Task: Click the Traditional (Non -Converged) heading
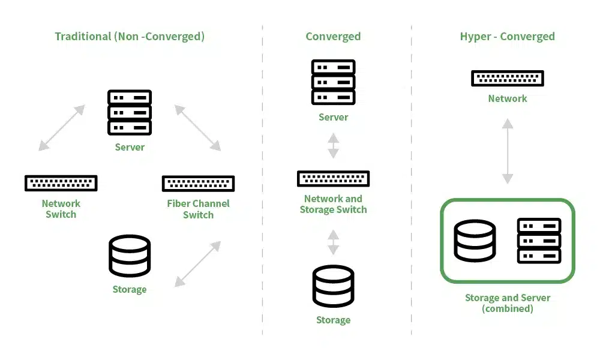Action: point(130,37)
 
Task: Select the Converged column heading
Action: point(333,37)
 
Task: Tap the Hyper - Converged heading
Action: point(507,37)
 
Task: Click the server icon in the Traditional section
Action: point(130,112)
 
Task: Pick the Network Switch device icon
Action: point(61,183)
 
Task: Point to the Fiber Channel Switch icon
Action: point(198,184)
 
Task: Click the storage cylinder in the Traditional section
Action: point(130,256)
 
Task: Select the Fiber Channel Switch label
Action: point(198,209)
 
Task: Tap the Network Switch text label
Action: point(61,209)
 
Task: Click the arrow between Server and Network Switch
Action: point(62,127)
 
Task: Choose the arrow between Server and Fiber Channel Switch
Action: point(197,127)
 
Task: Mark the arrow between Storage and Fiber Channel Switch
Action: point(197,263)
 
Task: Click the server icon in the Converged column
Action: point(333,82)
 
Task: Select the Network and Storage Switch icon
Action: point(333,179)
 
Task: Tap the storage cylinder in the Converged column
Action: point(333,286)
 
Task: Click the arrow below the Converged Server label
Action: point(333,145)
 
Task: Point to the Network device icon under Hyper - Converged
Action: point(508,78)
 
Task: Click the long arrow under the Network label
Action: point(508,151)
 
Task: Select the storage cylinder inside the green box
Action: point(475,241)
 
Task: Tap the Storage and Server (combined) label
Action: point(508,303)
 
